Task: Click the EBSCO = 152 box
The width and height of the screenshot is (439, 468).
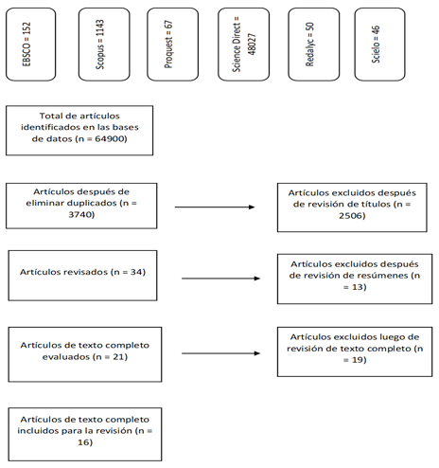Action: (x=31, y=45)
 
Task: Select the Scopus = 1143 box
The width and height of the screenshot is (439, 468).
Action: (x=104, y=45)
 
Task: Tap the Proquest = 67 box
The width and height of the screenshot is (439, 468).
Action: (x=173, y=45)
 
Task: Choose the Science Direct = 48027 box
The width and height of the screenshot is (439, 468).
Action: (x=243, y=45)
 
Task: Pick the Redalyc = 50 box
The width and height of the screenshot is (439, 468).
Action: (x=314, y=45)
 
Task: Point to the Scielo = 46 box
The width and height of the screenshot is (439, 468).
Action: (x=379, y=45)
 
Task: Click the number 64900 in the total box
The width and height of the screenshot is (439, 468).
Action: (x=110, y=138)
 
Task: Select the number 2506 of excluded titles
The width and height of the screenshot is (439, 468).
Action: (x=351, y=216)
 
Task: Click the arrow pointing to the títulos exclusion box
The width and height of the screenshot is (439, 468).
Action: (x=215, y=207)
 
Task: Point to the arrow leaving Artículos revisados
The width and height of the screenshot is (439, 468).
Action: (x=220, y=279)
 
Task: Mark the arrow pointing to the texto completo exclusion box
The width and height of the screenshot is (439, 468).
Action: (x=220, y=353)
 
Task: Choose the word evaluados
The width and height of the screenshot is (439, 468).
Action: (x=66, y=357)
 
